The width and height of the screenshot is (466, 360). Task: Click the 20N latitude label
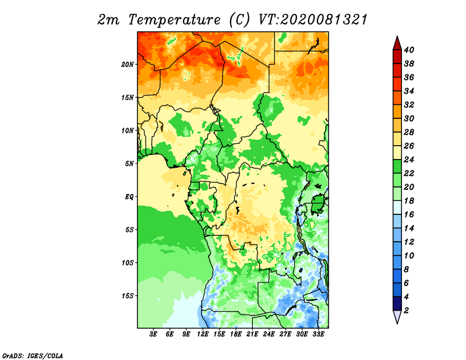[x=127, y=65]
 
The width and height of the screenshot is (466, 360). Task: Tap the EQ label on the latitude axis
[x=129, y=197]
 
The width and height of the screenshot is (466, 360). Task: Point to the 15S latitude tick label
[x=127, y=296]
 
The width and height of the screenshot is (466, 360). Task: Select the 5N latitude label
[x=129, y=164]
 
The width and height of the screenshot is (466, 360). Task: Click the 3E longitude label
[x=153, y=334]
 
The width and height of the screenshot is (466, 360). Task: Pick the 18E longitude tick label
[x=236, y=334]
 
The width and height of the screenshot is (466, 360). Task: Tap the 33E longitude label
[x=318, y=334]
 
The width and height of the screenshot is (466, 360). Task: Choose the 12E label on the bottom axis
[x=203, y=334]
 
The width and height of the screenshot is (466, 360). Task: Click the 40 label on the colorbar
[x=409, y=50]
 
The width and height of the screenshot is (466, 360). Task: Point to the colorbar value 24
[x=409, y=160]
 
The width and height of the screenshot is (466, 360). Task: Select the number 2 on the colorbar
[x=406, y=310]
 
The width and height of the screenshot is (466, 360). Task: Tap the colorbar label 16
[x=409, y=214]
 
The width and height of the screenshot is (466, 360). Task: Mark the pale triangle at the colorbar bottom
[x=397, y=316]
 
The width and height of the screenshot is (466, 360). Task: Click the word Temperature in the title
[x=174, y=20]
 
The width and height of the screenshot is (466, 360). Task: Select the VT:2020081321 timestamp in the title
[x=313, y=20]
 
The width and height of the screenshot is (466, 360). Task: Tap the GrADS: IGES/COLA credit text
[x=33, y=355]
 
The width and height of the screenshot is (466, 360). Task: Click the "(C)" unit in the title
[x=239, y=20]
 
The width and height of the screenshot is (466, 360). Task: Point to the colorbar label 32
[x=409, y=105]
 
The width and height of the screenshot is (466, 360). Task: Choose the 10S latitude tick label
[x=127, y=263]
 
